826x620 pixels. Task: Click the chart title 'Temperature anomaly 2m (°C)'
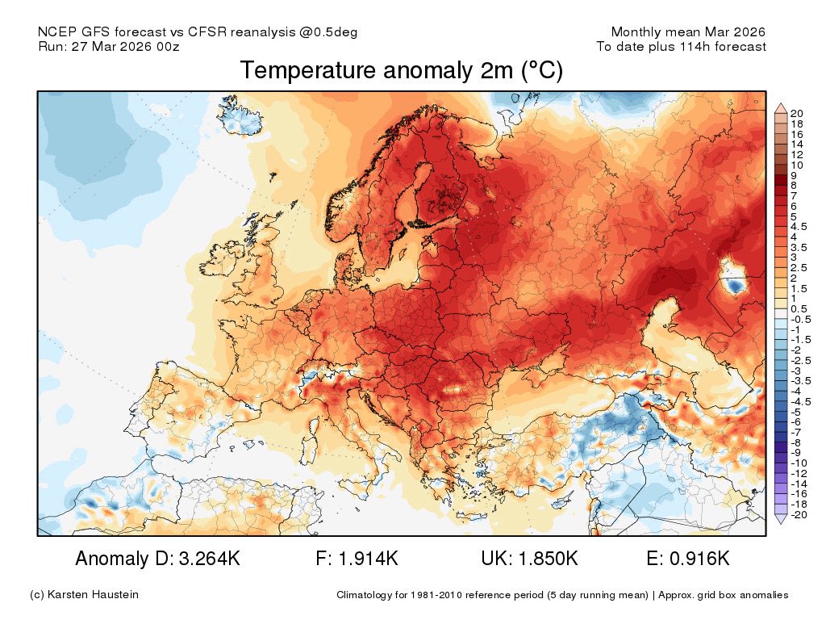coord(401,71)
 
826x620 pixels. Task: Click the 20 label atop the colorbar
coord(797,112)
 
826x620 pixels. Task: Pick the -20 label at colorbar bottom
coord(799,515)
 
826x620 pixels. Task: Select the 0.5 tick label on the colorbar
coord(799,308)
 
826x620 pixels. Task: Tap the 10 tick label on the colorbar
coord(797,165)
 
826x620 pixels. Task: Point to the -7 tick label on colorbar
coord(797,432)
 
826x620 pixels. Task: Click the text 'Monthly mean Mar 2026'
coord(687,32)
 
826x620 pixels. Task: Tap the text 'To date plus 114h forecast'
coord(681,47)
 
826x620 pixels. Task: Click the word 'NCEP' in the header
coord(56,32)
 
